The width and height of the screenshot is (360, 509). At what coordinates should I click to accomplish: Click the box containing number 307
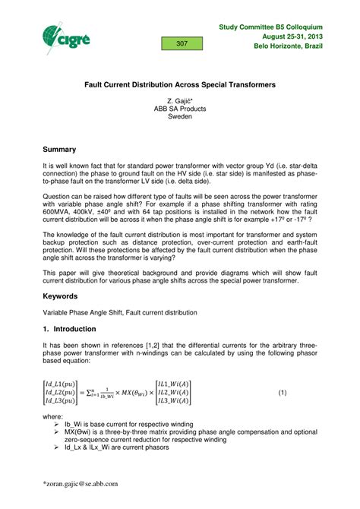[182, 44]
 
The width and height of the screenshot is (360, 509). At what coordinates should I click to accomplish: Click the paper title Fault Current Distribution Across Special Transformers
[179, 84]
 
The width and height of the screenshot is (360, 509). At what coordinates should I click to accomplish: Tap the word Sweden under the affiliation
[180, 117]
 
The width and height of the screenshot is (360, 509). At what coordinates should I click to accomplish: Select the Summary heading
[62, 140]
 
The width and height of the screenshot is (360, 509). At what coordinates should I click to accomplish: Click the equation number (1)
[282, 392]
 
